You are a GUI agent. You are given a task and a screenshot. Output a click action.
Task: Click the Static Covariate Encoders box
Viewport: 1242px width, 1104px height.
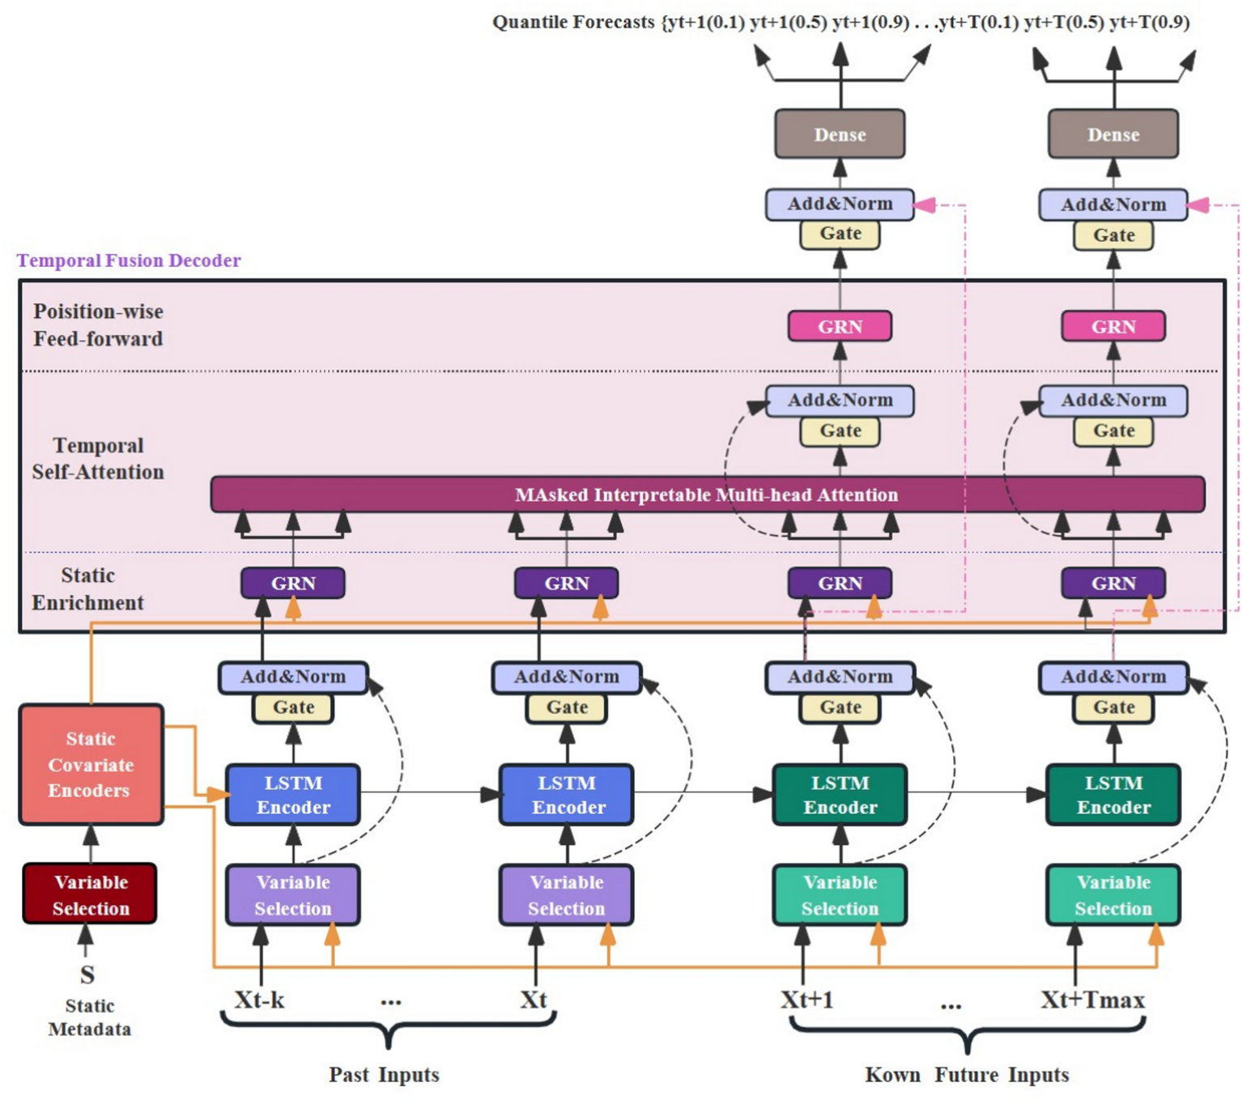coord(91,764)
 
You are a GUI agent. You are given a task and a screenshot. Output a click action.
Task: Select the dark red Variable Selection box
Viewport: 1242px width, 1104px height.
coord(90,894)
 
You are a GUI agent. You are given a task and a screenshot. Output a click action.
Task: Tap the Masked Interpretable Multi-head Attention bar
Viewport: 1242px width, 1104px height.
coord(707,495)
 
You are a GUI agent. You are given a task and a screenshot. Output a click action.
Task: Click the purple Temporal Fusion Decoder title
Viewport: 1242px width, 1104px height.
coord(129,261)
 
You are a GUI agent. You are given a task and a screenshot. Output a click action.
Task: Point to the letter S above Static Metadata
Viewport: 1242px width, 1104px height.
coord(87,974)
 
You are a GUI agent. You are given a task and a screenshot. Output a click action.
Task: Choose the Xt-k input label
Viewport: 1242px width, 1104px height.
coord(259,1000)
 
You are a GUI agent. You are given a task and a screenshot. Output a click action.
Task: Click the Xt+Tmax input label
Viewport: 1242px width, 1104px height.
coord(1092,1000)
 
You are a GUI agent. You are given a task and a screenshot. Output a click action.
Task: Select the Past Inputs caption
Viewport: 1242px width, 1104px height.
coord(384,1075)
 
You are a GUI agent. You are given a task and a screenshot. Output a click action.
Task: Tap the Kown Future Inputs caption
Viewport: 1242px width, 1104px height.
coord(967,1075)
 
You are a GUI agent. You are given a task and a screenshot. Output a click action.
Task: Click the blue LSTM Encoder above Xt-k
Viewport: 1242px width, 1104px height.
coord(293,795)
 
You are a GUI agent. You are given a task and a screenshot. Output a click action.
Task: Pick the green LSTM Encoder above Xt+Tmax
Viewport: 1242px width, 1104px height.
coord(1113,795)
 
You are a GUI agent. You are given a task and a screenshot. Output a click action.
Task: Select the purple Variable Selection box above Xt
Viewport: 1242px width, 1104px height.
coord(566,895)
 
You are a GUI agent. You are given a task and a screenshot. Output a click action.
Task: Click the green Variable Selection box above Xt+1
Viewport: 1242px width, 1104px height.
coord(840,895)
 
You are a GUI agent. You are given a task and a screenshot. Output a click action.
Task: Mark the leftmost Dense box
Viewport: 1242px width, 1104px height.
coord(840,134)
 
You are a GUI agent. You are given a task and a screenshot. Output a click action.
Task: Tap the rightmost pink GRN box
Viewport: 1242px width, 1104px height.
coord(1113,327)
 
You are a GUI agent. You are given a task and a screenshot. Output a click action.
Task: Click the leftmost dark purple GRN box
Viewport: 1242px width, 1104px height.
coord(293,583)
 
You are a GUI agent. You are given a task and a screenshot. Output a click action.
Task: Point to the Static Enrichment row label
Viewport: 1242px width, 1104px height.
coord(87,589)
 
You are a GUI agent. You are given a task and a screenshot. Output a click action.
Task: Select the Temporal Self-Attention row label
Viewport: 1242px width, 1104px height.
coord(98,459)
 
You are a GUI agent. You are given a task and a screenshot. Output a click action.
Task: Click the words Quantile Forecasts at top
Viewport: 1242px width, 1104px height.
coord(573,22)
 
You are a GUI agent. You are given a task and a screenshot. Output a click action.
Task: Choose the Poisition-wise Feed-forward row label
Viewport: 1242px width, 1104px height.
coord(98,325)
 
